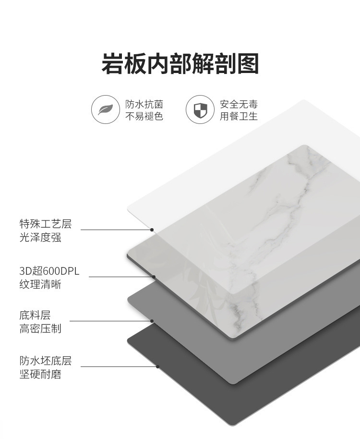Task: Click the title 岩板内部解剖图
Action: pos(180,64)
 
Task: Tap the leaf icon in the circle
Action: pos(105,110)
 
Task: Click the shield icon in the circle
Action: pos(200,110)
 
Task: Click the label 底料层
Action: pos(35,316)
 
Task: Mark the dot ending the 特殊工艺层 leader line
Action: pos(152,230)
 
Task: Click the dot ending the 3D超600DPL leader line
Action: pos(154,277)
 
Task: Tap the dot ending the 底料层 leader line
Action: pos(152,321)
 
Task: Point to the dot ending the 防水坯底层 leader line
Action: pos(157,366)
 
